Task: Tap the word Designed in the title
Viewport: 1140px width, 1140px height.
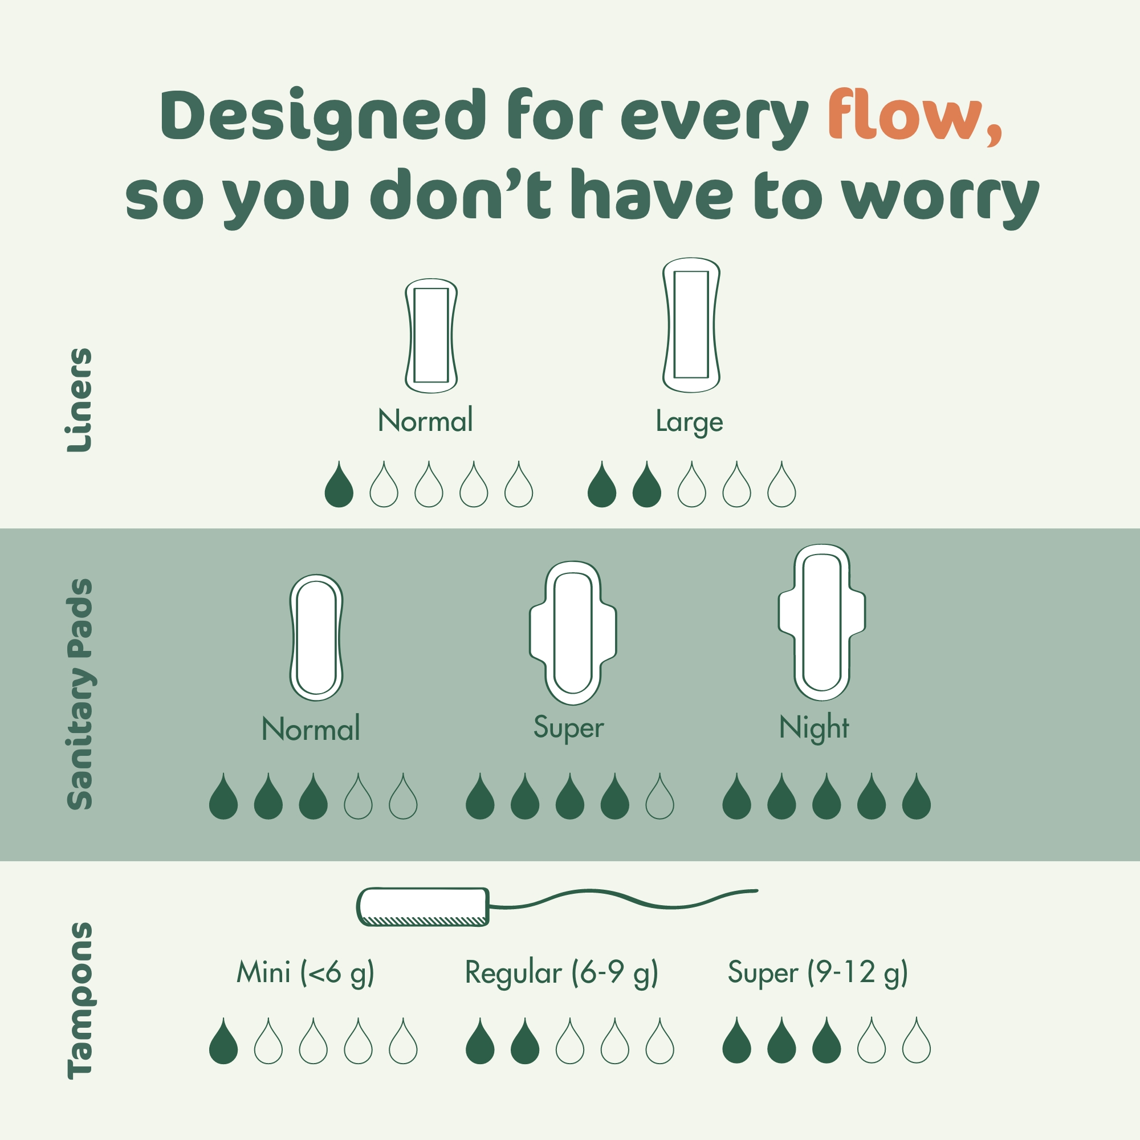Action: point(323,116)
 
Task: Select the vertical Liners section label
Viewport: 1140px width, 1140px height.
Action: point(79,400)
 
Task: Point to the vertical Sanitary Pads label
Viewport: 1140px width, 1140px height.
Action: point(79,694)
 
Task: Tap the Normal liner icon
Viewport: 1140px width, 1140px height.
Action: point(431,335)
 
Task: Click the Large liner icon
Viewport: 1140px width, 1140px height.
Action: point(691,324)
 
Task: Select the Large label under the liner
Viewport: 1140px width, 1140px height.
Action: point(689,422)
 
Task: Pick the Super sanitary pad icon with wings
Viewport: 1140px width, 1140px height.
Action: point(572,633)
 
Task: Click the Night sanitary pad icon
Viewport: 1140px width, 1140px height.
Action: point(821,622)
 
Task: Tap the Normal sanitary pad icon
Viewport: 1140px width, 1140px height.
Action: point(316,637)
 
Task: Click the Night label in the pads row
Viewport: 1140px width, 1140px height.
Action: point(814,727)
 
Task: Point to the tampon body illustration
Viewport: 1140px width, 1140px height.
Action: point(423,906)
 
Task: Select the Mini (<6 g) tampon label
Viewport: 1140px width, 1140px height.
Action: point(305,972)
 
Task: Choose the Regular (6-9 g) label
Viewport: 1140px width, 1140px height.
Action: point(561,972)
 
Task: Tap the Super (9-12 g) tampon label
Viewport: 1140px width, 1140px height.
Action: point(817,972)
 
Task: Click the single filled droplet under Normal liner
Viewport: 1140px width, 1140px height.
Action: point(339,487)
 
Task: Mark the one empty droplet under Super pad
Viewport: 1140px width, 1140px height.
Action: point(659,799)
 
